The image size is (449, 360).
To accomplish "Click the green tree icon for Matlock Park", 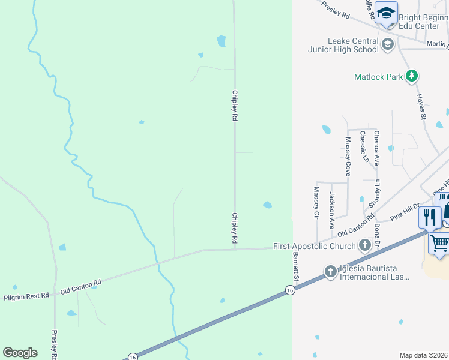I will [411, 76].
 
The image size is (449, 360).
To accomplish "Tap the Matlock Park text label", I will [379, 77].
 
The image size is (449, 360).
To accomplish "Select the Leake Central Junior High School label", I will [343, 45].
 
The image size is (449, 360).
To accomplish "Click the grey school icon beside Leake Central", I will [388, 43].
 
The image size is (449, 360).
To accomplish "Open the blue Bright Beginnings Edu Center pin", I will [387, 13].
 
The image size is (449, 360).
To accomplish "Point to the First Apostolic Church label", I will [314, 246].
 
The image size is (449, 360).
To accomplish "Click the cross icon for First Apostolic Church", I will [364, 245].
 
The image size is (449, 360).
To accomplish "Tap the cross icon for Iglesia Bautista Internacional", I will [330, 271].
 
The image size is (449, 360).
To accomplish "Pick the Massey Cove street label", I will [348, 156].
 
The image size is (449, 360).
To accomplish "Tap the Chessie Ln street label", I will [363, 148].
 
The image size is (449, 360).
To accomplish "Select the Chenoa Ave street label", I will [376, 148].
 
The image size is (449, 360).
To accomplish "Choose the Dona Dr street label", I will [377, 235].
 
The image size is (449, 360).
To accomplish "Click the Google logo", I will [20, 353].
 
